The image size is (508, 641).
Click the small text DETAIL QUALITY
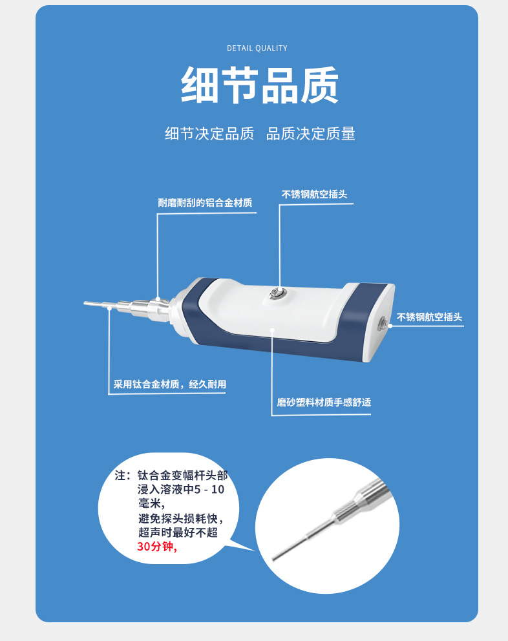click(257, 48)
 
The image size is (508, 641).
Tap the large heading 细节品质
click(259, 85)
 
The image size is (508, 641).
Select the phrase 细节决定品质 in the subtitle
click(209, 134)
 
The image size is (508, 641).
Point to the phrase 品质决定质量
click(311, 134)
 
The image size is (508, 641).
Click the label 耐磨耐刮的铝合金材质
click(205, 203)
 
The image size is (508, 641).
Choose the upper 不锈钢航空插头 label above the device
click(315, 194)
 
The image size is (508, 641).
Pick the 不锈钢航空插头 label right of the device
click(430, 317)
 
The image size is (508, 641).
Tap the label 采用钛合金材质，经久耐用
click(170, 384)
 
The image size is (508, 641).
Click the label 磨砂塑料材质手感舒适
click(324, 403)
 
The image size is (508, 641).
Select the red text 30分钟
click(155, 547)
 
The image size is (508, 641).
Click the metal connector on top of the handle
click(279, 293)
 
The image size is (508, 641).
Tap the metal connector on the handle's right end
click(385, 323)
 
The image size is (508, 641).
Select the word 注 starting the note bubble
click(121, 476)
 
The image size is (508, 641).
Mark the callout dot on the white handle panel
click(273, 330)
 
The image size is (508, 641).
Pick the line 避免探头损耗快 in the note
click(180, 518)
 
